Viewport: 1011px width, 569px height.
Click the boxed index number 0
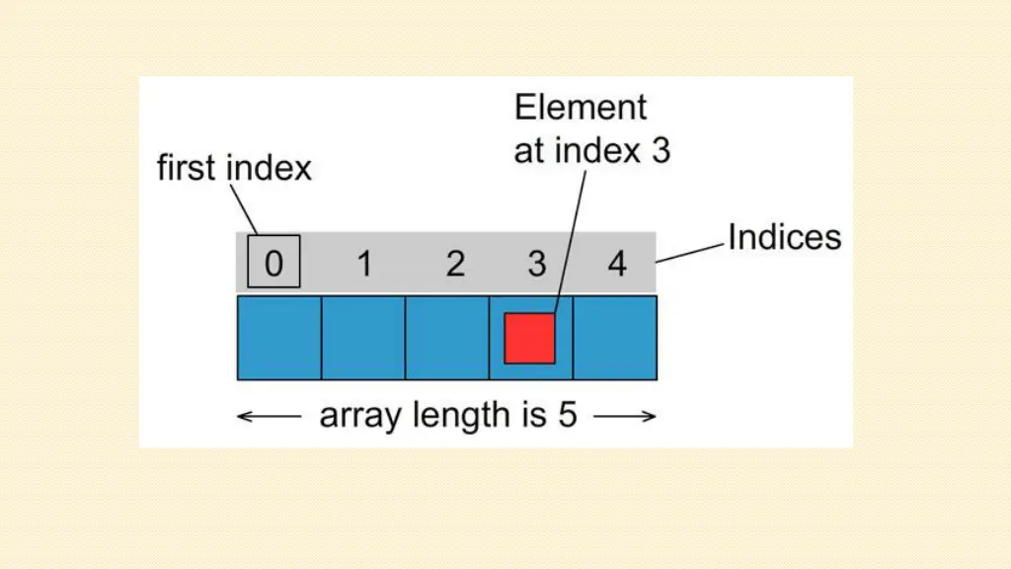tap(273, 263)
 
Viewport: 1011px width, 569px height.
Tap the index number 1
tap(364, 264)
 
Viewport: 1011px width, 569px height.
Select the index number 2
tap(455, 264)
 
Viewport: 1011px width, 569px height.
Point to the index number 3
tap(536, 264)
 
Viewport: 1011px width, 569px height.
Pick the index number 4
tap(617, 264)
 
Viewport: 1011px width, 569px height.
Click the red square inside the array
tap(530, 338)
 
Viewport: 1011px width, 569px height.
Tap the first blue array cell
tap(279, 338)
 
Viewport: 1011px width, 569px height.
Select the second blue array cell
tap(363, 338)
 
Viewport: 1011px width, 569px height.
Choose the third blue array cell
tap(447, 338)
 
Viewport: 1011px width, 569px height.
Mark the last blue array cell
tap(615, 338)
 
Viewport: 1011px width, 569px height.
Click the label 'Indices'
tap(784, 237)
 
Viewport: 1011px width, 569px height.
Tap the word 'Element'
tap(581, 107)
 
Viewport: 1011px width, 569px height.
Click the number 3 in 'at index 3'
tap(661, 150)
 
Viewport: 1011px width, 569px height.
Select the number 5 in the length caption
tap(566, 415)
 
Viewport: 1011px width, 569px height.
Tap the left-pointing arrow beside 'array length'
tap(269, 417)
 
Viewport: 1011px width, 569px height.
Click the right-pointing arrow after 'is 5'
tap(625, 417)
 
